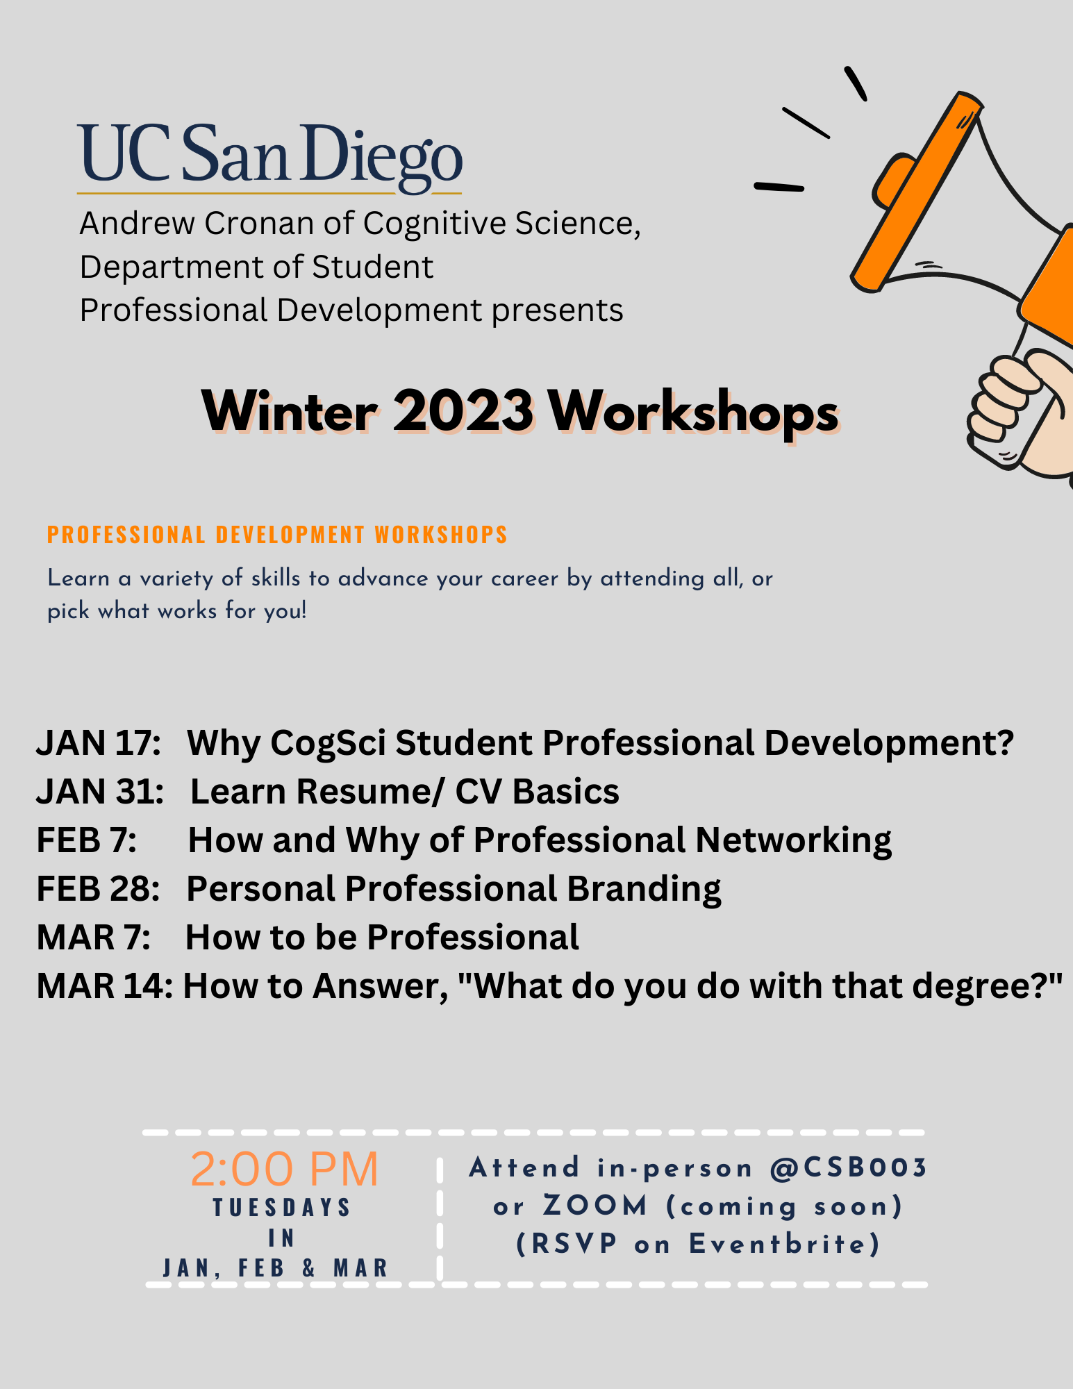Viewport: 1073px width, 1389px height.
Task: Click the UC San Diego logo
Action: tap(269, 158)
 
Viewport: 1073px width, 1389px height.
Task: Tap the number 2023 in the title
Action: tap(463, 411)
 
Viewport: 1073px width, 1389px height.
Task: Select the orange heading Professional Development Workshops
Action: tap(277, 535)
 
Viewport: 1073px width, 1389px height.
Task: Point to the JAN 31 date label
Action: tap(100, 791)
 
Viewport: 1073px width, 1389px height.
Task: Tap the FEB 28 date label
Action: tap(98, 888)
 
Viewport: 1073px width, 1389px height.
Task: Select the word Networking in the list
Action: tap(793, 840)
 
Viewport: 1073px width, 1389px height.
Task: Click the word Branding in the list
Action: tap(644, 888)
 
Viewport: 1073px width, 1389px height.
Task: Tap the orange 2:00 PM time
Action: tap(284, 1169)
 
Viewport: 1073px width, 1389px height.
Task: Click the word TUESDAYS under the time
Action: tap(282, 1208)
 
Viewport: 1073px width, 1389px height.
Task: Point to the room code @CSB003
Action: tap(849, 1168)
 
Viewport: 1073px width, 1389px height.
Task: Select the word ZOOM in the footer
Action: tap(596, 1206)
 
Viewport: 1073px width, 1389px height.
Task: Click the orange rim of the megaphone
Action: tap(917, 191)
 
